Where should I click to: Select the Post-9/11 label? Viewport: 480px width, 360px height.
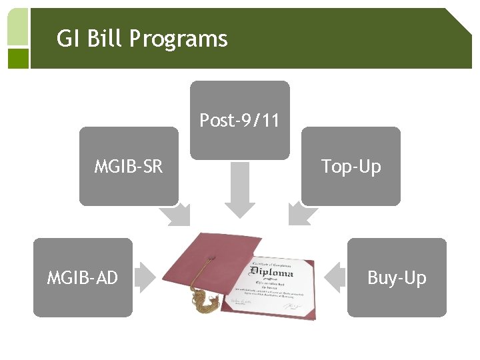pyautogui.click(x=239, y=121)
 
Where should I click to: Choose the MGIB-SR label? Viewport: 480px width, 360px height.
pyautogui.click(x=129, y=166)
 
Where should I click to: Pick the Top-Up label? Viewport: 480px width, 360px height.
pyautogui.click(x=351, y=166)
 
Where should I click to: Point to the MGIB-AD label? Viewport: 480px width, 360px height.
pyautogui.click(x=83, y=277)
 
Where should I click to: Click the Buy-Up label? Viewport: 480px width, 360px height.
pyautogui.click(x=397, y=277)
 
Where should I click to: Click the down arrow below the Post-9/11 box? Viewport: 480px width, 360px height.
pyautogui.click(x=239, y=190)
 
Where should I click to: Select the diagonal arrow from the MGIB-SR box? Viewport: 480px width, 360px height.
pyautogui.click(x=177, y=215)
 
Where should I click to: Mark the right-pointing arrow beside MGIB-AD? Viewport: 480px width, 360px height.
pyautogui.click(x=146, y=277)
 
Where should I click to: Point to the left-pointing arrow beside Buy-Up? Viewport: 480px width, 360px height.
pyautogui.click(x=333, y=277)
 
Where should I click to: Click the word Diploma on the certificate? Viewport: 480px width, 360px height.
pyautogui.click(x=271, y=273)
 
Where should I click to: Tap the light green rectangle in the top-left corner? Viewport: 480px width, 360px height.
pyautogui.click(x=18, y=27)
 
